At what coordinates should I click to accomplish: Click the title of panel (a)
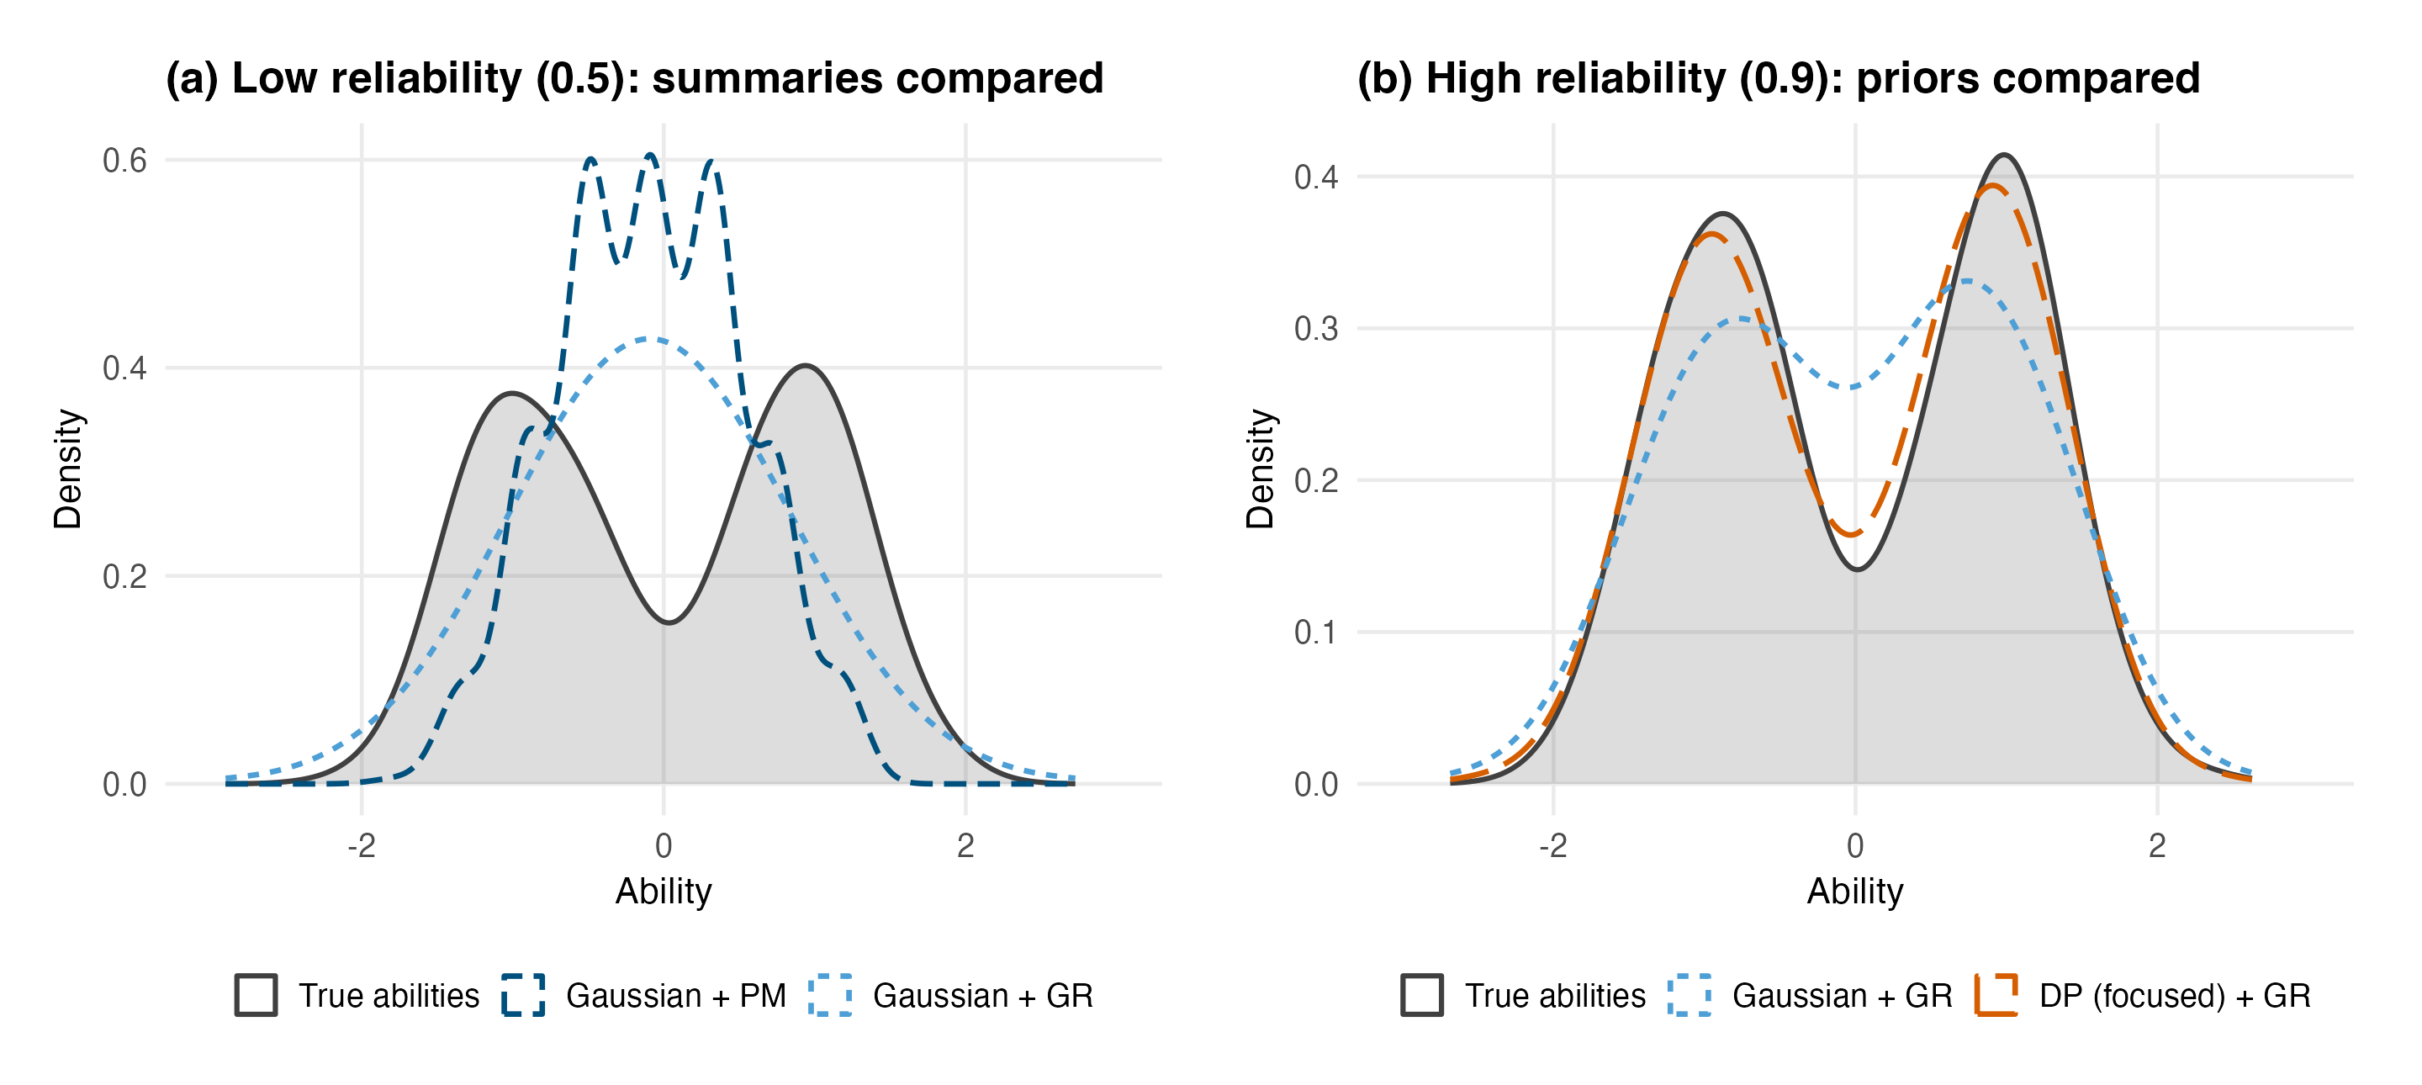click(635, 78)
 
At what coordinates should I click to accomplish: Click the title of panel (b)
click(1779, 78)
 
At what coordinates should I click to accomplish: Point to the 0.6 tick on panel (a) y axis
click(125, 160)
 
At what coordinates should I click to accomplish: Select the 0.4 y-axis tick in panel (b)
click(1316, 177)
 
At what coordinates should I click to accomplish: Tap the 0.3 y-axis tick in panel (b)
click(1316, 328)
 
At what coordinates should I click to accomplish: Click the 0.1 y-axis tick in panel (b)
click(1316, 632)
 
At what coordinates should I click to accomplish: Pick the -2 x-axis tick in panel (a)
click(361, 845)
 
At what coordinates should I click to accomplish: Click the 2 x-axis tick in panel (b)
click(2157, 845)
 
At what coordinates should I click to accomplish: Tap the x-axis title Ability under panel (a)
click(664, 892)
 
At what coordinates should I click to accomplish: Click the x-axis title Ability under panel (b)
click(1855, 892)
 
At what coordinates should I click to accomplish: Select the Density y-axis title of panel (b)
click(1260, 468)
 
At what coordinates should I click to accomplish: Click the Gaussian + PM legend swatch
click(524, 995)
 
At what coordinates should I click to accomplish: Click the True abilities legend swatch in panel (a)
click(256, 995)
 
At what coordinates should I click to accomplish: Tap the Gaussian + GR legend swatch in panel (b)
click(1690, 995)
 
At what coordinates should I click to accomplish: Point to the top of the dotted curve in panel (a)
click(651, 338)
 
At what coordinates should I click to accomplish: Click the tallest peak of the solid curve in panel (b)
click(2005, 155)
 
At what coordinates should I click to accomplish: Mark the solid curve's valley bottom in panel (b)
click(1858, 569)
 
